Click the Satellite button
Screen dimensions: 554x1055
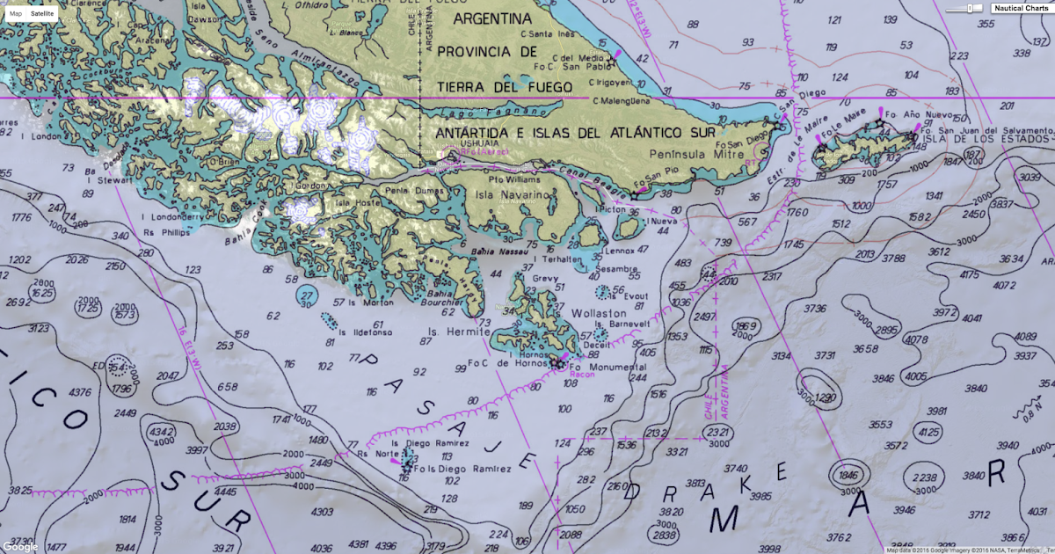[x=41, y=15]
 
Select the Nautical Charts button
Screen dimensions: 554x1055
[x=1021, y=9]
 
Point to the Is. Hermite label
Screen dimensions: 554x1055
[x=451, y=332]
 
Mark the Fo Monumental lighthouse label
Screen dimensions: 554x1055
[x=600, y=367]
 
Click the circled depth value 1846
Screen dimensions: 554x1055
[x=848, y=475]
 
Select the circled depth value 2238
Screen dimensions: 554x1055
[x=924, y=477]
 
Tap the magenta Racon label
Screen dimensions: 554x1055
[x=581, y=374]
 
